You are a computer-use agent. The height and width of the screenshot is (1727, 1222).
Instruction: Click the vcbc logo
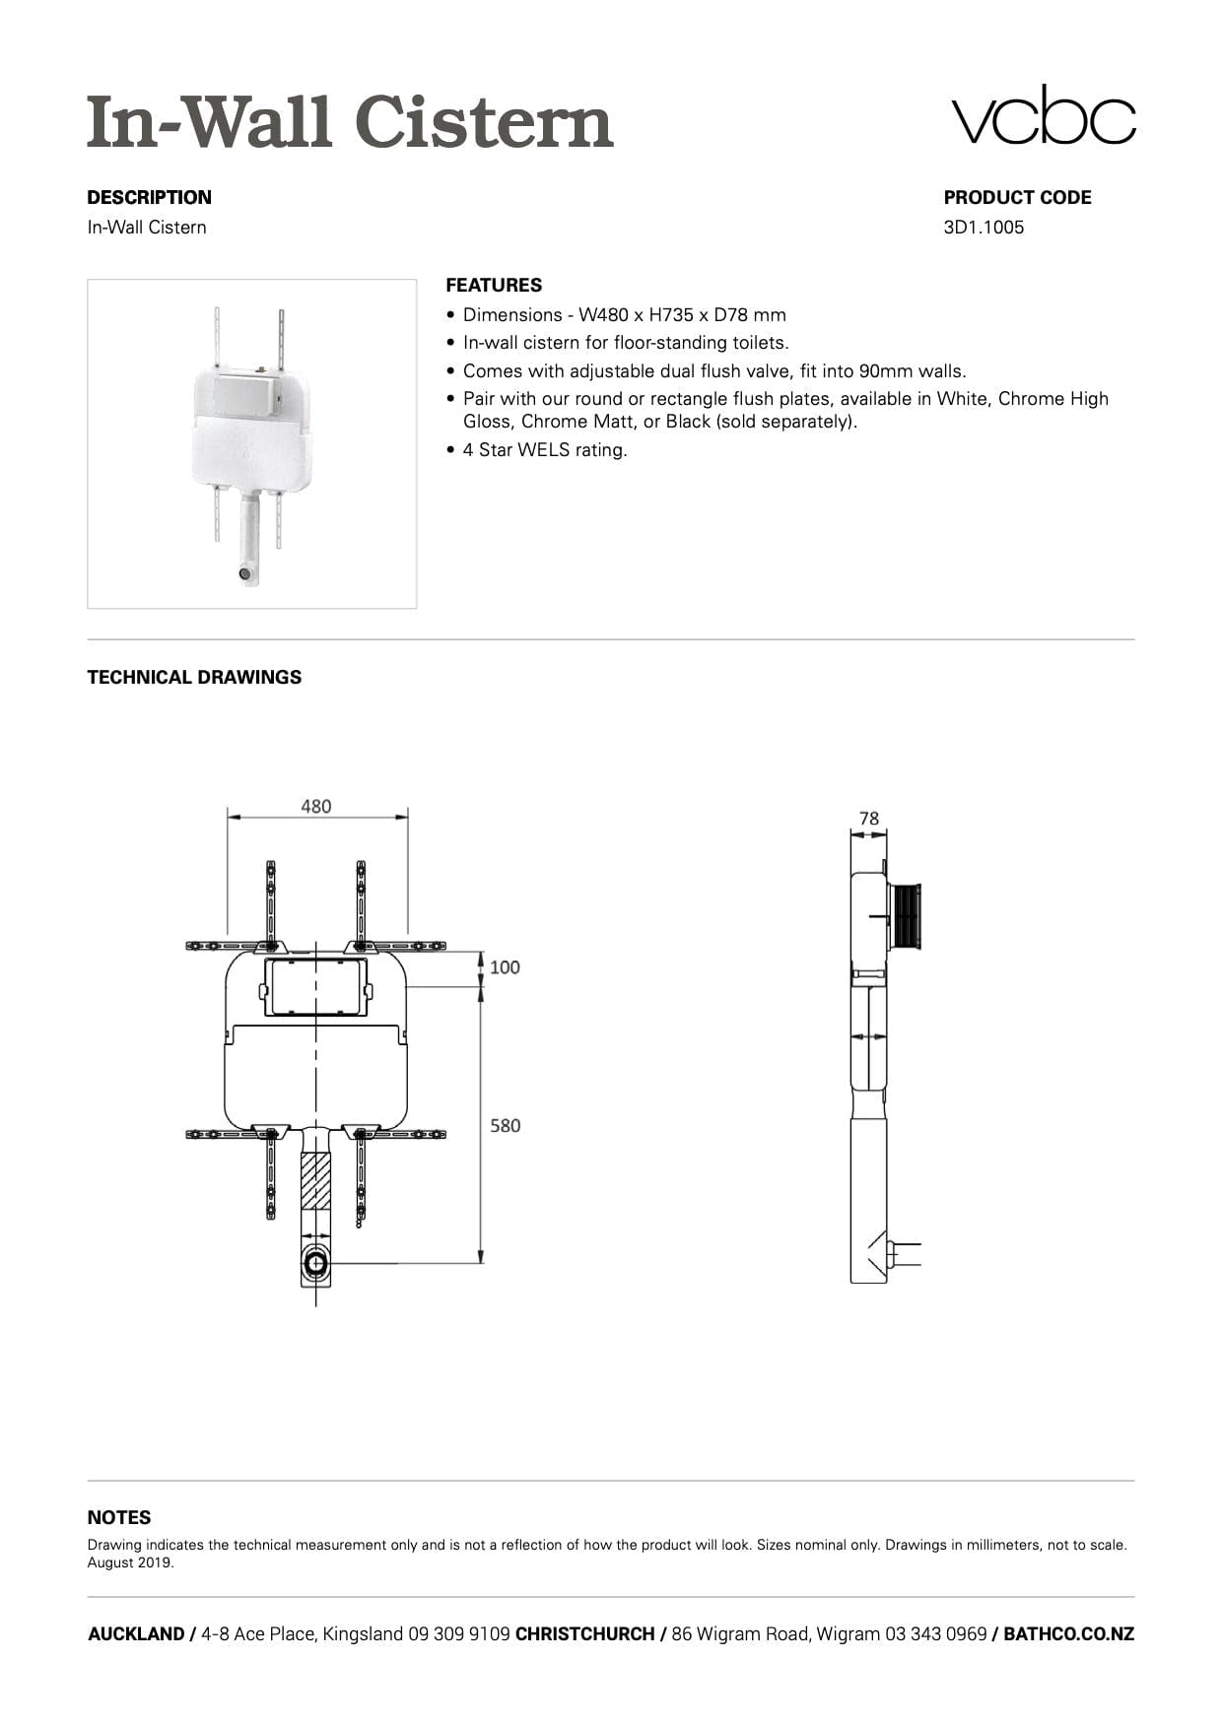(x=1043, y=116)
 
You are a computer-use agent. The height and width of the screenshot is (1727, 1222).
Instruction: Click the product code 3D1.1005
(x=984, y=228)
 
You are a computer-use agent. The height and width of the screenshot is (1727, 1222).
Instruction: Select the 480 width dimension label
(x=316, y=807)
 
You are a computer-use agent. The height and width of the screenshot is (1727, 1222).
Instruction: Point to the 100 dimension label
(x=505, y=967)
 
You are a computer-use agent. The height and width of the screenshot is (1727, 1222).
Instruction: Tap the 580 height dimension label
(x=506, y=1125)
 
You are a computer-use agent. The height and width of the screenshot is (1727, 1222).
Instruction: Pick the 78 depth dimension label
(x=868, y=819)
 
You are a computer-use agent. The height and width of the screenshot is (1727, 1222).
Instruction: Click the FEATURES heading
(x=494, y=286)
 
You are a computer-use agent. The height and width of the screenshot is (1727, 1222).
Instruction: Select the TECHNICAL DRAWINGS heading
(x=194, y=678)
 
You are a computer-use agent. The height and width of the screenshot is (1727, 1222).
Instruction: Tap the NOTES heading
(x=119, y=1518)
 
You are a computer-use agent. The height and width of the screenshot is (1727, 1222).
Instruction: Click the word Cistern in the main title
(x=483, y=123)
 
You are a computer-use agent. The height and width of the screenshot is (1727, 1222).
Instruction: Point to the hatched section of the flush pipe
(x=315, y=1181)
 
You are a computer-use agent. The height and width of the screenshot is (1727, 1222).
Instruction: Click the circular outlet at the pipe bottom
(x=315, y=1264)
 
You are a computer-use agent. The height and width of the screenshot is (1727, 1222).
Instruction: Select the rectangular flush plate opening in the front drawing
(x=315, y=986)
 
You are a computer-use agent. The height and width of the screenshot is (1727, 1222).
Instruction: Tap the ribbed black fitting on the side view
(x=906, y=916)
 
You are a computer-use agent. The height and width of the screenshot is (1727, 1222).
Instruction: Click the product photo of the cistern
(x=251, y=443)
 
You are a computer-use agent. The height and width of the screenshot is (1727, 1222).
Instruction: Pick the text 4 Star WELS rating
(x=545, y=450)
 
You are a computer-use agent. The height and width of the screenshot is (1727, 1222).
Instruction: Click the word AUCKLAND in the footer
(x=136, y=1634)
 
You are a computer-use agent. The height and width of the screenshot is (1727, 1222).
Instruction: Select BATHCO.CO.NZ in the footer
(x=1068, y=1634)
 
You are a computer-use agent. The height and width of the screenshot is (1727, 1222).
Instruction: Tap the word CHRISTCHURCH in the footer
(x=584, y=1634)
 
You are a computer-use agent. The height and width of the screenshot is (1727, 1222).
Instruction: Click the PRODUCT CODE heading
(x=1017, y=198)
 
